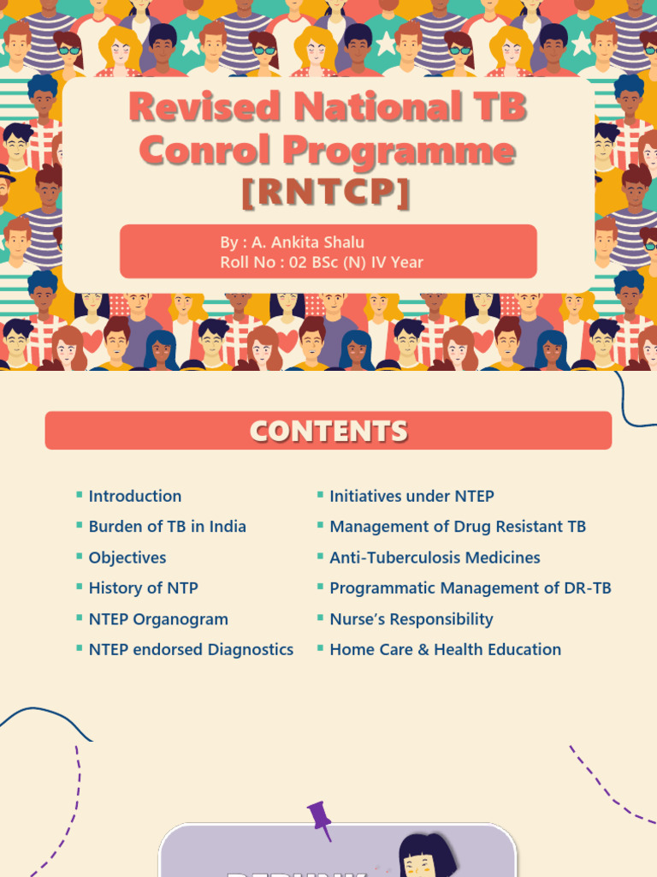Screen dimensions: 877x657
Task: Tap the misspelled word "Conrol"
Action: pos(205,151)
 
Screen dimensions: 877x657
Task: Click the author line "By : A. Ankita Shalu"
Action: pos(292,242)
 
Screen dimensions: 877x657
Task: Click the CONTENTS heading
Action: pos(328,431)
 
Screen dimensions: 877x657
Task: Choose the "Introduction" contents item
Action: pos(135,496)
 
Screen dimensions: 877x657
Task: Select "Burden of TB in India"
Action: pos(167,527)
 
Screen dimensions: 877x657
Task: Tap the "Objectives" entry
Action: pos(127,558)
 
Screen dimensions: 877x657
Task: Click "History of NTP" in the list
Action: pos(143,588)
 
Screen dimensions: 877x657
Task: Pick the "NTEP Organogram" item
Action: pos(158,619)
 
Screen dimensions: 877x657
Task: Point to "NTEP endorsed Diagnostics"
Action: pos(191,650)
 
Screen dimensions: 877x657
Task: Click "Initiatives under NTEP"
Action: pos(411,496)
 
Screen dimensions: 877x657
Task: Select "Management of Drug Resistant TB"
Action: pos(458,527)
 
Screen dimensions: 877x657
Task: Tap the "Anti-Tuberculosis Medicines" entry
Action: pos(435,558)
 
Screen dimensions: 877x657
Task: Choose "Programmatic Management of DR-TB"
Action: pos(471,588)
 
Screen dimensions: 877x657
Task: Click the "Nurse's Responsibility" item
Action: pos(411,619)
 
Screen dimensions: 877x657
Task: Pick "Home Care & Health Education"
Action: pos(446,650)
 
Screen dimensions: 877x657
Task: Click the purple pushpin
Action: pos(321,818)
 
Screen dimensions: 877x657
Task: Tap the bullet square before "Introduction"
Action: pos(80,495)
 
